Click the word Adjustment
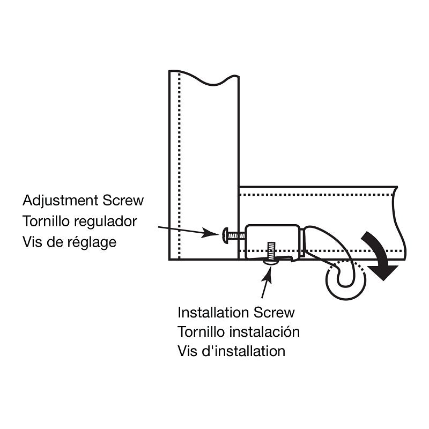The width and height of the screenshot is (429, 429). [61, 201]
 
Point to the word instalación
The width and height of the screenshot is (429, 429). [264, 331]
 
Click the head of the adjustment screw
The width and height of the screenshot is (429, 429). [225, 235]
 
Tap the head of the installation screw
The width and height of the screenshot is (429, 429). [271, 262]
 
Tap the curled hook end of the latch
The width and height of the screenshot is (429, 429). [345, 280]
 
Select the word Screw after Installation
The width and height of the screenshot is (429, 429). [274, 313]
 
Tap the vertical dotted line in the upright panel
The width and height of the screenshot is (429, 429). [179, 166]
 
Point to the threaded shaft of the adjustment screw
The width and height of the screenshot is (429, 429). [236, 235]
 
